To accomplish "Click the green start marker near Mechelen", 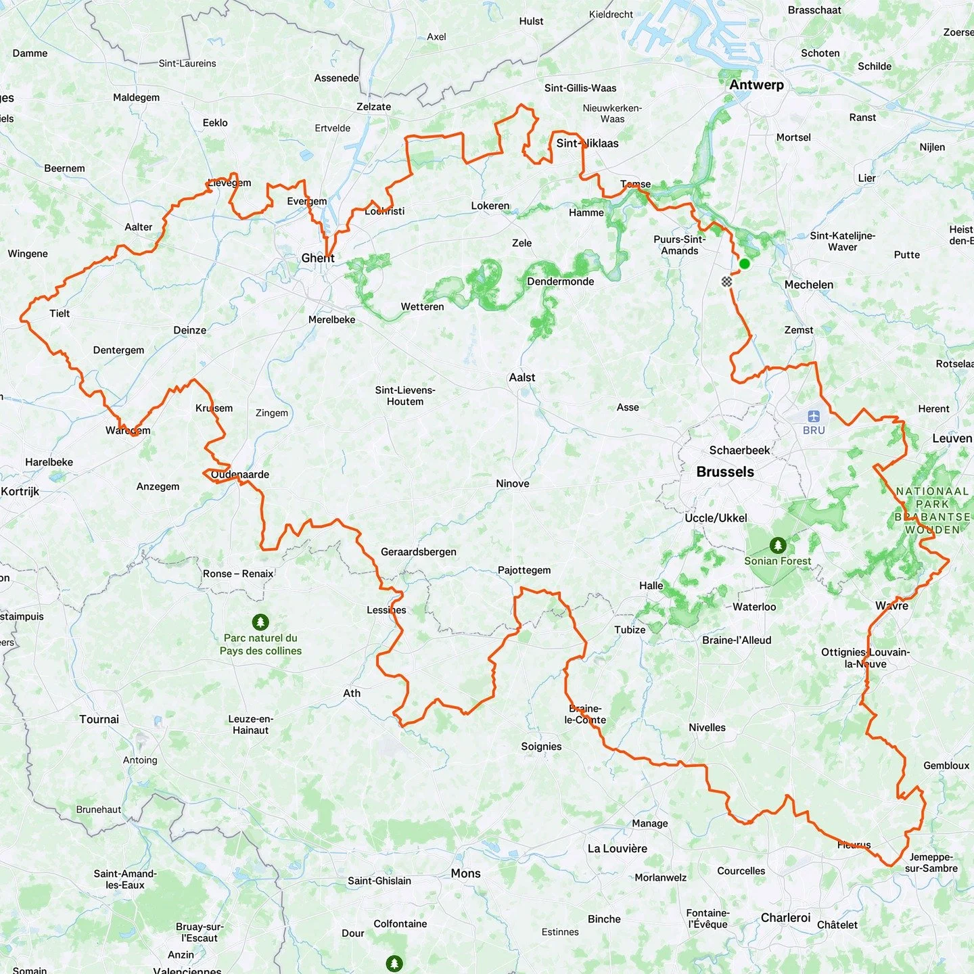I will [x=744, y=264].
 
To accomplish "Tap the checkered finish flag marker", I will [x=726, y=281].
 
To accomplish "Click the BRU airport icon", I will [x=813, y=417].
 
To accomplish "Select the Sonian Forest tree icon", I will [x=778, y=545].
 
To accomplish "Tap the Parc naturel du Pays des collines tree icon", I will [x=260, y=622].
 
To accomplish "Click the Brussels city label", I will [x=725, y=472].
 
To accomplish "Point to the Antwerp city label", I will [x=756, y=85].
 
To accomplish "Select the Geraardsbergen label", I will [x=418, y=552].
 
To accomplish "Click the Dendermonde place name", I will [x=560, y=281].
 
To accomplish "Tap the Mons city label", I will [x=465, y=873].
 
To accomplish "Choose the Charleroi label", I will [x=785, y=918].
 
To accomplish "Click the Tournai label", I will [x=99, y=719].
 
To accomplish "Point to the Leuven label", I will [x=952, y=438].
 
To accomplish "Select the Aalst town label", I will [x=521, y=377].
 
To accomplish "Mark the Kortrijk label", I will [x=20, y=491].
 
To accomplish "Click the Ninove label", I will [x=512, y=484].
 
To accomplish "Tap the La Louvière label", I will [x=617, y=848].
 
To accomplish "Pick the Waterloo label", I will [x=754, y=607].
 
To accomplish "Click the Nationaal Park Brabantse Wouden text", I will [x=933, y=511].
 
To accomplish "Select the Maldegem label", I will [x=136, y=97].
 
